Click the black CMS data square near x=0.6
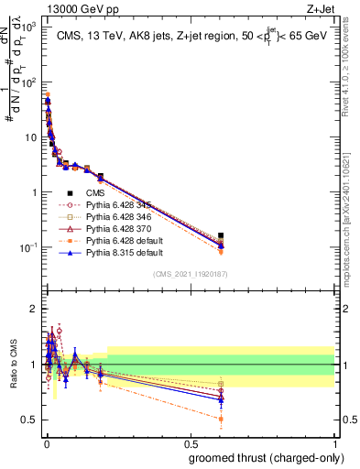point(221,235)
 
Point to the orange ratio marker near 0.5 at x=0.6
point(221,419)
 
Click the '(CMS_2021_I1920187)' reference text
point(190,274)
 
